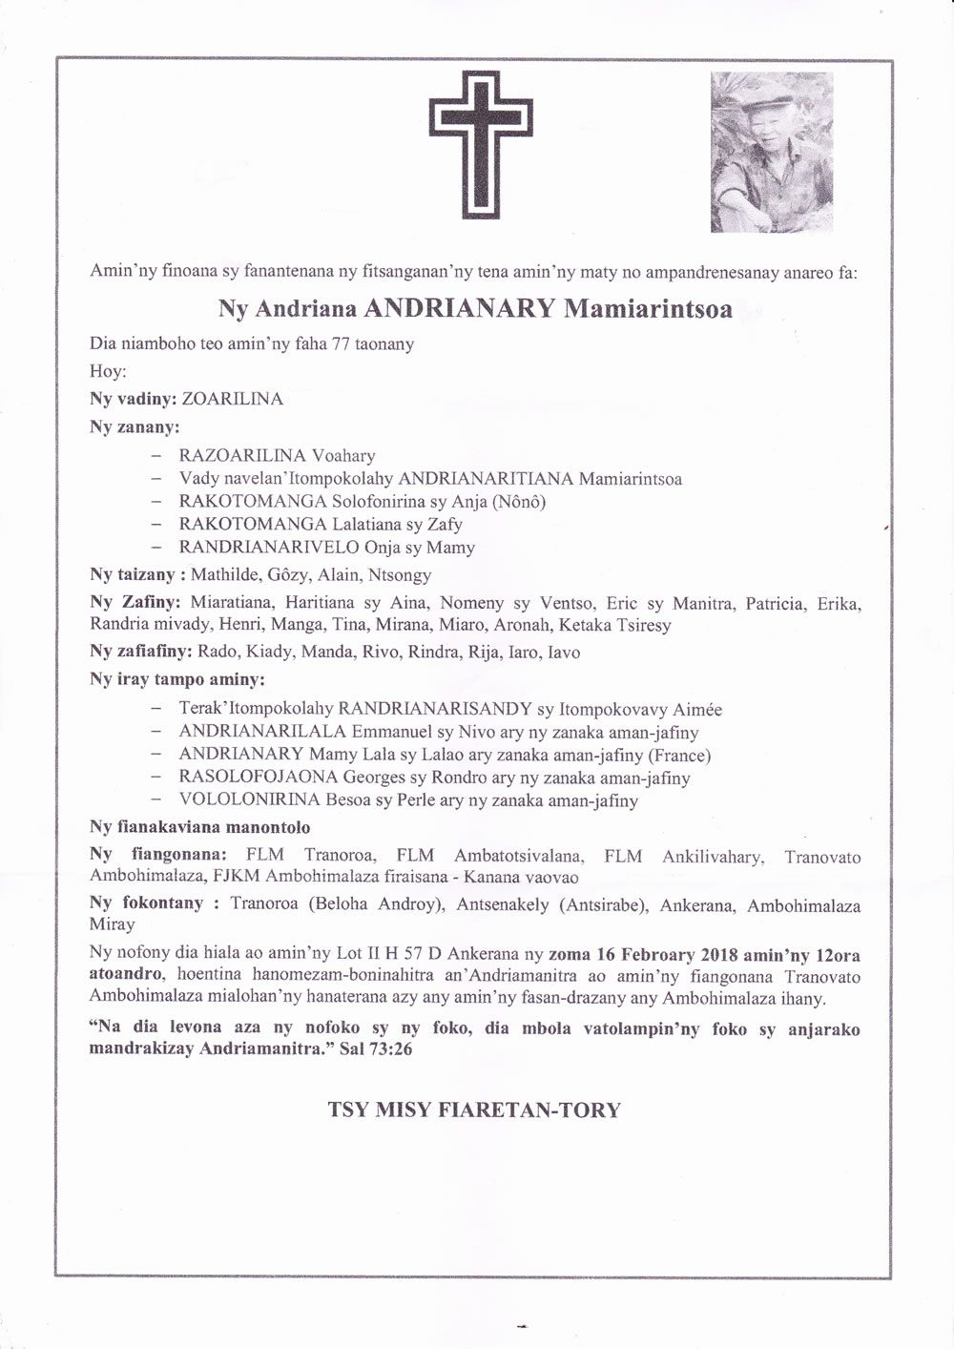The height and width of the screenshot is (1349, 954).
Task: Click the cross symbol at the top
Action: (x=481, y=149)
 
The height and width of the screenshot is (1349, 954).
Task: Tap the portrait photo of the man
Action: (x=772, y=152)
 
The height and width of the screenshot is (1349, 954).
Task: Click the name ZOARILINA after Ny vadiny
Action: (x=238, y=400)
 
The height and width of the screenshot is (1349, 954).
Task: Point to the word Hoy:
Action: (x=108, y=371)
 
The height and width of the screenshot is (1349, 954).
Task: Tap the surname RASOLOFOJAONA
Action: (x=259, y=778)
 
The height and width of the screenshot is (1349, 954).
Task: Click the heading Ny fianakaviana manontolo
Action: (x=199, y=827)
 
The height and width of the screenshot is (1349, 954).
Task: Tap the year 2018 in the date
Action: (x=719, y=954)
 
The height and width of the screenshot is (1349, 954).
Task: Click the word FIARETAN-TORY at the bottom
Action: (x=528, y=1110)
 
